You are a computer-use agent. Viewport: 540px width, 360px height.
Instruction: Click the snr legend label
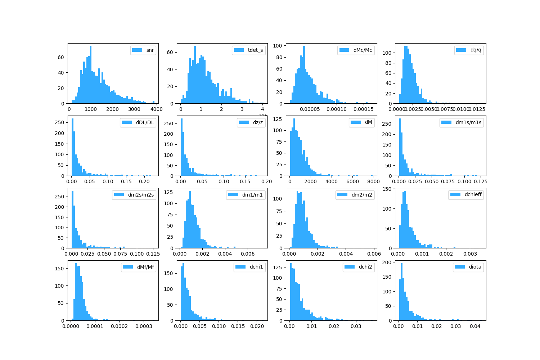(x=150, y=50)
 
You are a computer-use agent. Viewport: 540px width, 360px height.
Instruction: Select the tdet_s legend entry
(x=255, y=50)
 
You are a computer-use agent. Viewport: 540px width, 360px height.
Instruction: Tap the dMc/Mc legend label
(x=363, y=50)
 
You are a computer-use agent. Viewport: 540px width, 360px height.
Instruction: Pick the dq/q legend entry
(x=476, y=50)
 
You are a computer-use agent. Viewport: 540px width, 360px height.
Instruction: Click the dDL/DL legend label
(x=145, y=122)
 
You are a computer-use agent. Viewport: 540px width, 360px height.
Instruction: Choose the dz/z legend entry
(x=258, y=122)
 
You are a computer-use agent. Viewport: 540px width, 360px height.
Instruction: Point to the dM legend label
(x=368, y=122)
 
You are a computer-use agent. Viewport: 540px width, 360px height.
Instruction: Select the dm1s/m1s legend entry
(x=468, y=122)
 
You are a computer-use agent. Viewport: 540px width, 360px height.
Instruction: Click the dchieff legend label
(x=473, y=195)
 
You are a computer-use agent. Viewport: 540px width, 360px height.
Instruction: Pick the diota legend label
(x=475, y=267)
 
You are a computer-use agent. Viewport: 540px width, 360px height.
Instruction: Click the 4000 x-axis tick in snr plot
(x=156, y=109)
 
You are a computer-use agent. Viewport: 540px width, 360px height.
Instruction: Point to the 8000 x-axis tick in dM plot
(x=373, y=181)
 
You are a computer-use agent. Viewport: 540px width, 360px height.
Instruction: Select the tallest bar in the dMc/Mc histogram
(x=304, y=75)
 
